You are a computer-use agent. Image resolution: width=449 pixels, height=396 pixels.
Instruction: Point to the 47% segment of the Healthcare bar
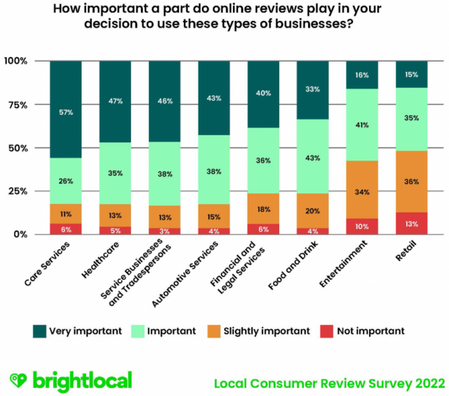point(115,102)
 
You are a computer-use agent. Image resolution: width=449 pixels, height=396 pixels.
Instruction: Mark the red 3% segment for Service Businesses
point(165,230)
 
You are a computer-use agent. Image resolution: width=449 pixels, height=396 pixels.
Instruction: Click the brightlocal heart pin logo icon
point(19,381)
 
